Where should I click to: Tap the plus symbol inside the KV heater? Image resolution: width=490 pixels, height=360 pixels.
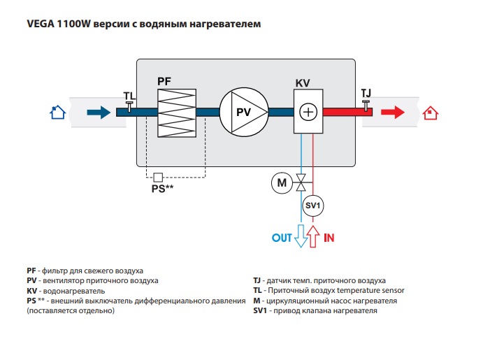point(308,112)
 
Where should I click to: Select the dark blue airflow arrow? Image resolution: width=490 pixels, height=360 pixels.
point(99,112)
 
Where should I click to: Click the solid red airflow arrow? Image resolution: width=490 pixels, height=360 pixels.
point(393,112)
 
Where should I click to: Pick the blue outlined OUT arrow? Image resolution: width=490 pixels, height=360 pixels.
point(301,236)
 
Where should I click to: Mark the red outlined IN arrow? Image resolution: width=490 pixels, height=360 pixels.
point(313,236)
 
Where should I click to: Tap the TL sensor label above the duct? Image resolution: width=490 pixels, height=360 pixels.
point(130,96)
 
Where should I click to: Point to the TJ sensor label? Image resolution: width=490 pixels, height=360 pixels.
point(366,93)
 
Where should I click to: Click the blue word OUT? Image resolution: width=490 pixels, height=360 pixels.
point(282,238)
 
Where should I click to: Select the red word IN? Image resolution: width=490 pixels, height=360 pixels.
point(329,238)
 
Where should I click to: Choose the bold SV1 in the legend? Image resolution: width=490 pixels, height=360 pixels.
point(260,311)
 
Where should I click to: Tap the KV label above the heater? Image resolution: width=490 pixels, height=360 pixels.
point(303,83)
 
